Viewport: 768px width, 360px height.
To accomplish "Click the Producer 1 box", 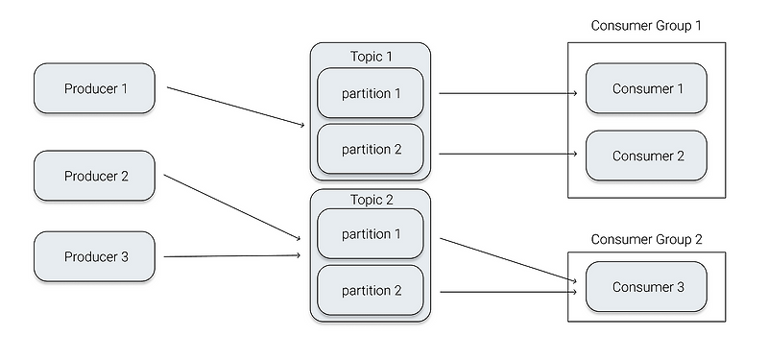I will pos(94,88).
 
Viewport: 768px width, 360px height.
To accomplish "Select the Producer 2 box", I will pos(94,176).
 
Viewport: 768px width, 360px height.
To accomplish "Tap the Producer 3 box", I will pos(94,256).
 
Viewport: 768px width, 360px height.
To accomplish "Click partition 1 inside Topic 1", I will pos(371,93).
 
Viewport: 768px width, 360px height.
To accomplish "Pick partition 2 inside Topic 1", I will pos(371,149).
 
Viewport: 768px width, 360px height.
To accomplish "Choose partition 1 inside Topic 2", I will pos(371,234).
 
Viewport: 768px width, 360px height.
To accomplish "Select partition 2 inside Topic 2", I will pos(371,290).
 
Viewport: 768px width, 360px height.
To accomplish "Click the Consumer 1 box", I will pos(646,88).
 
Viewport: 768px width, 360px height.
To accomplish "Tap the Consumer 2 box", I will pos(646,156).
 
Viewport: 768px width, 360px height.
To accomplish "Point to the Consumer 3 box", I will pos(646,287).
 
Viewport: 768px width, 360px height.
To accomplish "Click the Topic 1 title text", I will pos(371,56).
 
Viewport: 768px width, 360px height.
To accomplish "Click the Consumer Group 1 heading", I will pos(645,25).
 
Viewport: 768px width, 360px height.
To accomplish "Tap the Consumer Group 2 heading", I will pos(645,239).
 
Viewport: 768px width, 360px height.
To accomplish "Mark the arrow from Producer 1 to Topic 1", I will pos(235,107).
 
